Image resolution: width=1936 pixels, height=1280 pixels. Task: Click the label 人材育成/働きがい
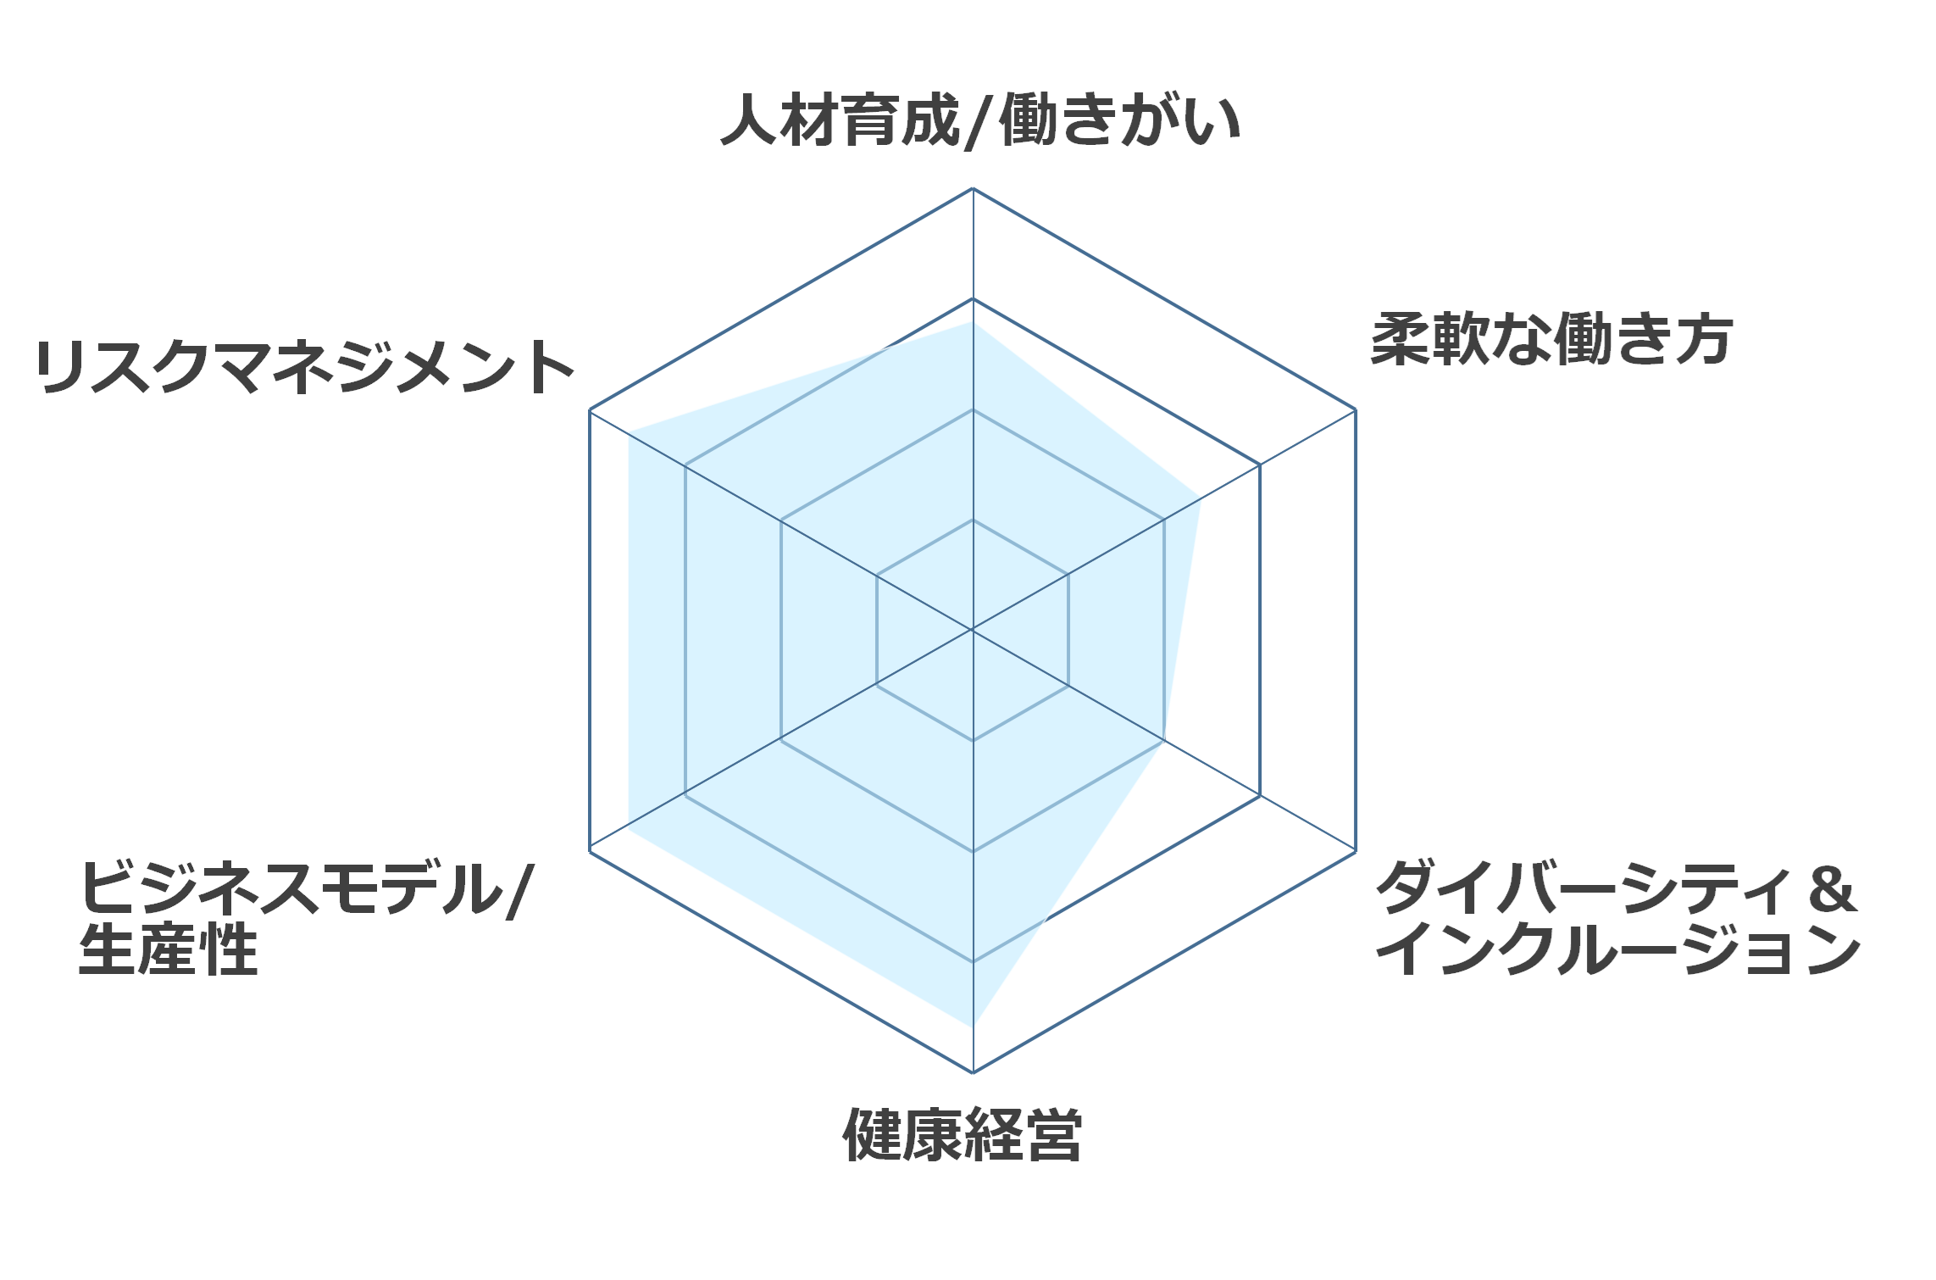pos(980,120)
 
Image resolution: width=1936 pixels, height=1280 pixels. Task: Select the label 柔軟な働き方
pos(1551,340)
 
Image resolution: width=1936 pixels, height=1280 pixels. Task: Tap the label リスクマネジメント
pos(305,366)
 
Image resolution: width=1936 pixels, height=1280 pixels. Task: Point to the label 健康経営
pos(962,1135)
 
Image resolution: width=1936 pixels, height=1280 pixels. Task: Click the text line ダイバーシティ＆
pos(1617,888)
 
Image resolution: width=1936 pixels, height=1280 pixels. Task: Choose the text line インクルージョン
pos(1618,949)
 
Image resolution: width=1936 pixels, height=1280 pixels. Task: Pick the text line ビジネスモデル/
pos(307,888)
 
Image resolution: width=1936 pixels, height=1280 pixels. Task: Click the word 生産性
pos(169,949)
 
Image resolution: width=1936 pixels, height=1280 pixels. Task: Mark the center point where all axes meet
pos(973,630)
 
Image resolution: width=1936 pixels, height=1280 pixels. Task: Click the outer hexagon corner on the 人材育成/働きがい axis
pos(973,188)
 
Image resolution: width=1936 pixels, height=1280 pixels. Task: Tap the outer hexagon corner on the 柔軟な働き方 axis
pos(1356,410)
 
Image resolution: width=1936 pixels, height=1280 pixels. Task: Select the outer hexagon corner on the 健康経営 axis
pos(973,1072)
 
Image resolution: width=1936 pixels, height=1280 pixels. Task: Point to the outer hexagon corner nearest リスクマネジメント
pos(590,410)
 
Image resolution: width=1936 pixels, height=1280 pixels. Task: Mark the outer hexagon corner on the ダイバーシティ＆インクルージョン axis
pos(1356,850)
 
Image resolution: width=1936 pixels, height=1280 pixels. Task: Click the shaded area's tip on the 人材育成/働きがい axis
pos(973,322)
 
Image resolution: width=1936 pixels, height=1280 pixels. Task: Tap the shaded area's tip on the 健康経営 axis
pos(973,1027)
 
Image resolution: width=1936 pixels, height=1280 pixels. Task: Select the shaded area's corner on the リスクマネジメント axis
pos(629,432)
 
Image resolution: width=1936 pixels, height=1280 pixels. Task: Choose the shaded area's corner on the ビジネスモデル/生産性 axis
pos(629,828)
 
